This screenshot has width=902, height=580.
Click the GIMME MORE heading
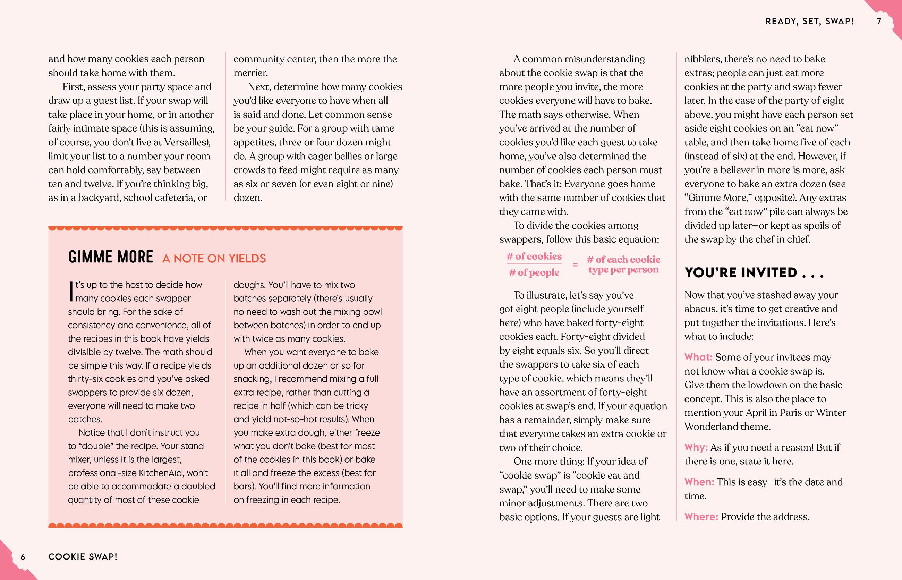tap(111, 257)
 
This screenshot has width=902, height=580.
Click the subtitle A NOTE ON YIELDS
tap(214, 258)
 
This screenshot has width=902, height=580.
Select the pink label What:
tap(698, 357)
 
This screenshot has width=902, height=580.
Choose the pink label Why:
tap(696, 447)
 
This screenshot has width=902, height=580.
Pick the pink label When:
tap(699, 482)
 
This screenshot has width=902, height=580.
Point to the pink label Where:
tap(701, 517)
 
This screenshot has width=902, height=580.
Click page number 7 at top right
tap(879, 22)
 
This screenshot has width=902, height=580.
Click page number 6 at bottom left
tap(23, 557)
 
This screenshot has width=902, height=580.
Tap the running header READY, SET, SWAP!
tap(809, 22)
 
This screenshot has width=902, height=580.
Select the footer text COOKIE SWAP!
tap(83, 557)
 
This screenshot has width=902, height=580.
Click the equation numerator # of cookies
tap(534, 257)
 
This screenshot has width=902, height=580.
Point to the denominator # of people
tap(534, 272)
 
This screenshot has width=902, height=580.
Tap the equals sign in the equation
tap(575, 265)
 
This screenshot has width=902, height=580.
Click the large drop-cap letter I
tap(71, 292)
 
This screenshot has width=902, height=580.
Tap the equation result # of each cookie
tap(623, 260)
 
